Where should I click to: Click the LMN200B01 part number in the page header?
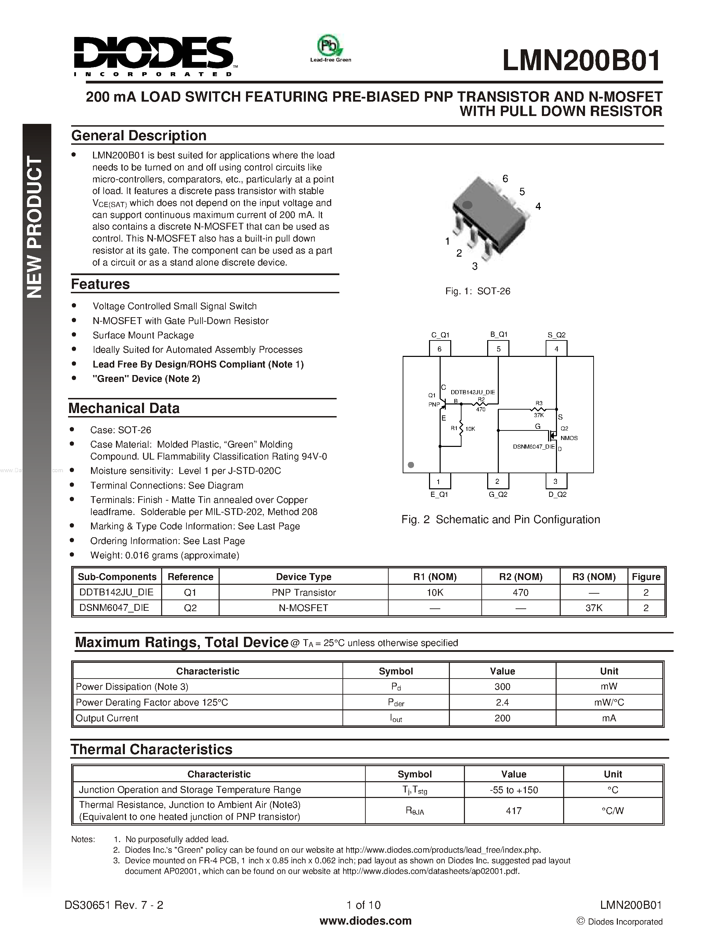[581, 61]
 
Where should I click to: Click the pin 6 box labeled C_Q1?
[440, 349]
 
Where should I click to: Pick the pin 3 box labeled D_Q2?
[556, 481]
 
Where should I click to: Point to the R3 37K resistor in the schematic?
[539, 409]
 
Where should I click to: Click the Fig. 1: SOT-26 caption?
[477, 291]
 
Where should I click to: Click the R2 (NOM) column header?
[520, 577]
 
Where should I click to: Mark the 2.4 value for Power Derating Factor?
[502, 702]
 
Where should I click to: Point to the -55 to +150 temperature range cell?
[514, 790]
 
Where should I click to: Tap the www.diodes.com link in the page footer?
[365, 921]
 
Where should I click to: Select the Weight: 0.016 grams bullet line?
[165, 555]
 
